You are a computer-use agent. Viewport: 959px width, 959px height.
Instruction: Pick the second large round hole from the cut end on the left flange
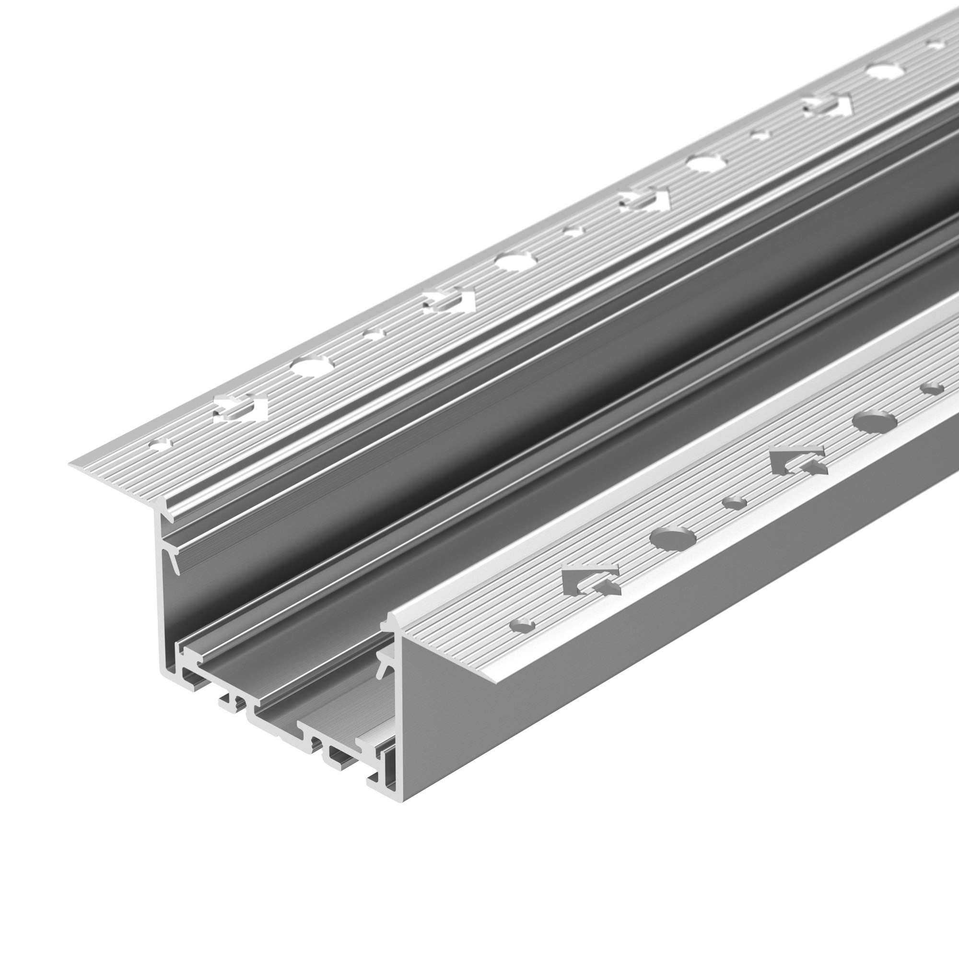[x=516, y=260]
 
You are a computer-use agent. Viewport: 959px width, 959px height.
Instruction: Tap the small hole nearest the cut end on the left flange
[x=161, y=443]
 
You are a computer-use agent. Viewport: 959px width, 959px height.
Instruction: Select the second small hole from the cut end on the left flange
[x=373, y=334]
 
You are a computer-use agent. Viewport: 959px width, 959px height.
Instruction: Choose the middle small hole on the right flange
[x=735, y=503]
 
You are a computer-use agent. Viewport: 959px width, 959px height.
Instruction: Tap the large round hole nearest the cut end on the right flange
[x=673, y=538]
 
